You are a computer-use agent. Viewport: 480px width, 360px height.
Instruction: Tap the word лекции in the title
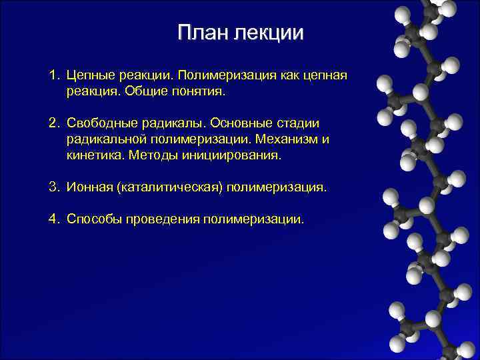[x=268, y=33]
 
